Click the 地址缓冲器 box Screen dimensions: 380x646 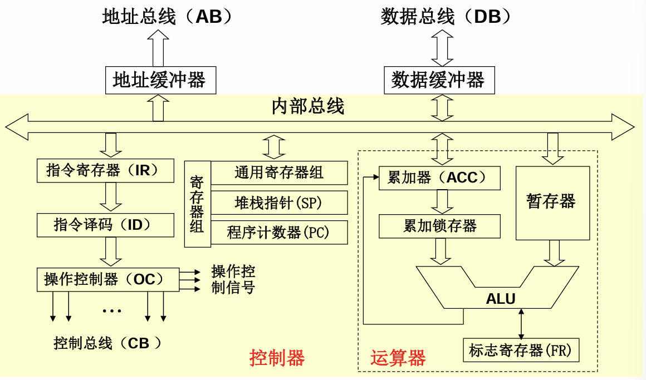[160, 80]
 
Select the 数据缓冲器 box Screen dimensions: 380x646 [438, 80]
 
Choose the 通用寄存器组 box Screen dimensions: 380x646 [279, 172]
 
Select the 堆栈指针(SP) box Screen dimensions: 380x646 [279, 203]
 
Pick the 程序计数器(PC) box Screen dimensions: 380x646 [279, 233]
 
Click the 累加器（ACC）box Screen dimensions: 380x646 [439, 178]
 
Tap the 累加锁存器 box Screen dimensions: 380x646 [439, 226]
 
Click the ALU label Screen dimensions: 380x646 [501, 299]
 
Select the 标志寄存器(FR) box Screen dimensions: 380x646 [521, 350]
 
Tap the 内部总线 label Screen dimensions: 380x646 [308, 106]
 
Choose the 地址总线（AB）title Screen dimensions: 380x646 [167, 17]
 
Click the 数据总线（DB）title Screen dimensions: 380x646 [446, 17]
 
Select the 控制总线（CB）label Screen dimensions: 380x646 [109, 343]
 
